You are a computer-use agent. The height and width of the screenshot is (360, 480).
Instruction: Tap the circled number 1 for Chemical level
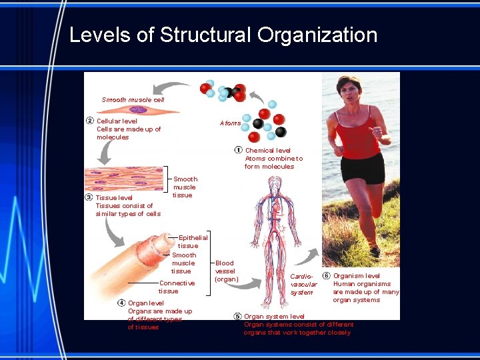pyautogui.click(x=239, y=151)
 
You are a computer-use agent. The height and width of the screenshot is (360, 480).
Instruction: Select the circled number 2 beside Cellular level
pyautogui.click(x=89, y=121)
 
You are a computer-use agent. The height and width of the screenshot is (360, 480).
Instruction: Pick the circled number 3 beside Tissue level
pyautogui.click(x=89, y=197)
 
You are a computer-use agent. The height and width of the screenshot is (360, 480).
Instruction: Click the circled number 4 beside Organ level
pyautogui.click(x=121, y=303)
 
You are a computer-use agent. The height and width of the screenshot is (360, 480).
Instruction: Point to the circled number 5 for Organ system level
pyautogui.click(x=237, y=316)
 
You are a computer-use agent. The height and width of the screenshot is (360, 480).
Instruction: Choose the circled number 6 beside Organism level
pyautogui.click(x=326, y=276)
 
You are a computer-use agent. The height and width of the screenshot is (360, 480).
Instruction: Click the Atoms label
pyautogui.click(x=230, y=123)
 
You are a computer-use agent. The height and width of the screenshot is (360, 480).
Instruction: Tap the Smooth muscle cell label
pyautogui.click(x=133, y=99)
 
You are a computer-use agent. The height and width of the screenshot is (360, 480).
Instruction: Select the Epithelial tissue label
pyautogui.click(x=193, y=241)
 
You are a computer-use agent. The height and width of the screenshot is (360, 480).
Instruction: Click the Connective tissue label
pyautogui.click(x=177, y=287)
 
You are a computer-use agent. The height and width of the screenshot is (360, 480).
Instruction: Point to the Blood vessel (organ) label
pyautogui.click(x=226, y=271)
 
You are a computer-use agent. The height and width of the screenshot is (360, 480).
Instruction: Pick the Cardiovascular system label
pyautogui.click(x=303, y=284)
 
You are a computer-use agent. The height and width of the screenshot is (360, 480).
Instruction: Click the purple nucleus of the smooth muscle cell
pyautogui.click(x=139, y=109)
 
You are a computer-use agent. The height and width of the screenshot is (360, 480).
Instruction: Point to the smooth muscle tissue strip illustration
pyautogui.click(x=123, y=179)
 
